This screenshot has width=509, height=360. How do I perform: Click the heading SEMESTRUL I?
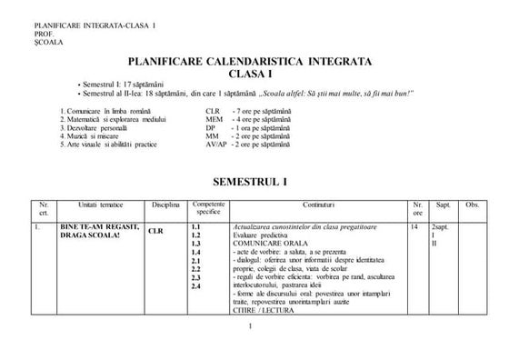coord(255,181)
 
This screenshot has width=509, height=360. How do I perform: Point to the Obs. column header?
coord(471,205)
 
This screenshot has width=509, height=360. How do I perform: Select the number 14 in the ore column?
coord(414,225)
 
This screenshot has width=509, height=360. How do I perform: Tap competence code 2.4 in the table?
coord(196,286)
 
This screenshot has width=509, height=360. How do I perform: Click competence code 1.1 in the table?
coord(196,225)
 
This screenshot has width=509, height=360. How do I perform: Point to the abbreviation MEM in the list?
coord(215,118)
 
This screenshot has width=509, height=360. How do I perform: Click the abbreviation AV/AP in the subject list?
coord(217,144)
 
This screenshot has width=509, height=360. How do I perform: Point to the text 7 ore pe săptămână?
coord(266,110)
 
